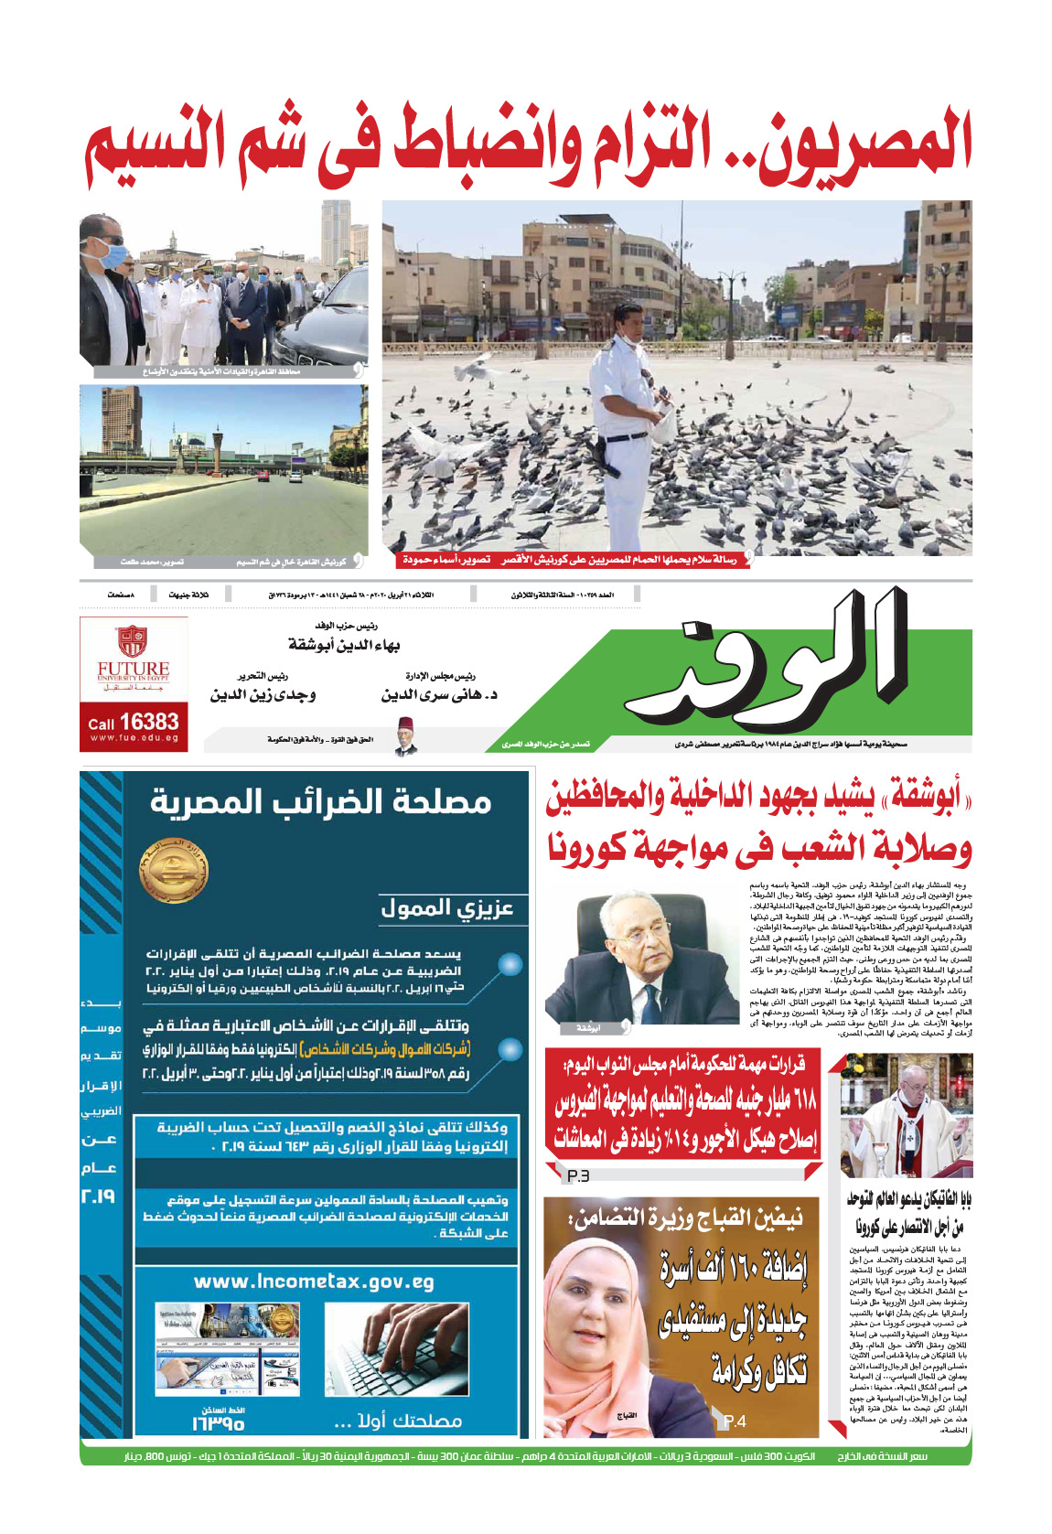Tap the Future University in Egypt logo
134,660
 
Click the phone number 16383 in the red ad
147,722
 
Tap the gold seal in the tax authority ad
173,871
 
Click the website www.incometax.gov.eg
314,1282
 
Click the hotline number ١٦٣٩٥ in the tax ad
218,1424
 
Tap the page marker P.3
578,1175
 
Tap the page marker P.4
735,1421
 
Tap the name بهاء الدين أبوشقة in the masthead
344,645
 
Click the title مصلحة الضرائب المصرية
321,802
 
